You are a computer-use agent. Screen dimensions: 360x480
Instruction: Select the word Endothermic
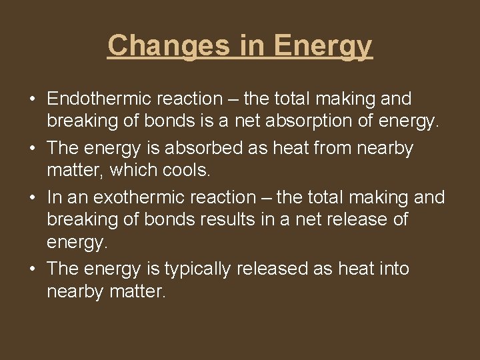click(x=99, y=99)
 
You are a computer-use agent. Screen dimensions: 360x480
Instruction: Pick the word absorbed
click(x=217, y=147)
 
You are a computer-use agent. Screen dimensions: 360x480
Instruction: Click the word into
click(x=391, y=269)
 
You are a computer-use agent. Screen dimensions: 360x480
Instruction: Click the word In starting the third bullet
click(x=53, y=197)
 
